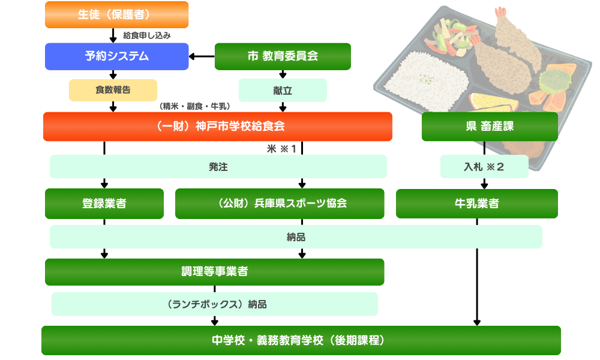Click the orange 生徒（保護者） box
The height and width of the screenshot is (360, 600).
117,15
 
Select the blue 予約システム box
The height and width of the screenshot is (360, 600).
117,56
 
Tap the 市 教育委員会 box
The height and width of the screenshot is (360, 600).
283,56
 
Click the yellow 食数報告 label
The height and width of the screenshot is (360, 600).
113,90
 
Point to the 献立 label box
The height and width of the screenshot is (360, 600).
283,90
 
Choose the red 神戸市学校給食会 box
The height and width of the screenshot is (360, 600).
217,127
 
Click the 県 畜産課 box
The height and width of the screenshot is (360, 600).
490,127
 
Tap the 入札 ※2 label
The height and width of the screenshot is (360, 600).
484,167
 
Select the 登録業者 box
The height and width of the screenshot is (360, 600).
104,203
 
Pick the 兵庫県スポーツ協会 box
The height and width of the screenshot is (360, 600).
280,203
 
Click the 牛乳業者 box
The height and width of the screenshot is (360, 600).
477,203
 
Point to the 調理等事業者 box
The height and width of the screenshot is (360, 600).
214,271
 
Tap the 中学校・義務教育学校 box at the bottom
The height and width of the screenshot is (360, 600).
301,340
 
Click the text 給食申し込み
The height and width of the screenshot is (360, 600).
147,35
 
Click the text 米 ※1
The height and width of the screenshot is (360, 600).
282,149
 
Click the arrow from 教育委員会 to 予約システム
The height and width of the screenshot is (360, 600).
202,57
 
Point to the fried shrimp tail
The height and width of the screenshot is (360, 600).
500,13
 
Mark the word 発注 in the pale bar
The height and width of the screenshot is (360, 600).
218,167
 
